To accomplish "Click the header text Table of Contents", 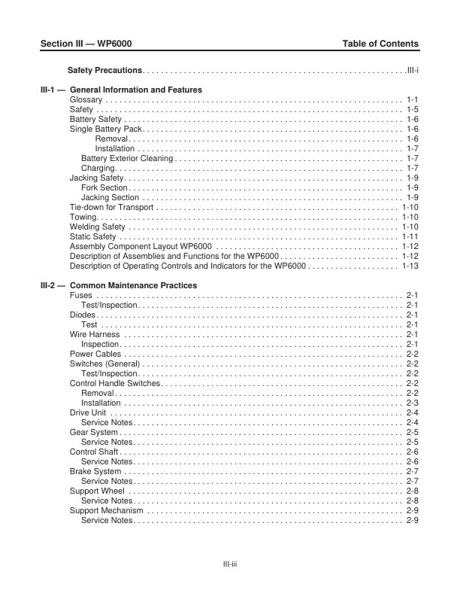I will coord(380,44).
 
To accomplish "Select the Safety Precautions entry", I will coord(104,70).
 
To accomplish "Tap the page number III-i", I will coord(412,70).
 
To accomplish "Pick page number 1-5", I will coord(412,109).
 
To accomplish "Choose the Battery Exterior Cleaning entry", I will coord(127,158).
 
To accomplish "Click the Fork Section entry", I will coord(104,187).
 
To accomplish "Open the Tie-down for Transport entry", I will coord(111,207).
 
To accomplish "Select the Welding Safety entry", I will coord(98,227).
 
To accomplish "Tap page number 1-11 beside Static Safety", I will coord(410,236).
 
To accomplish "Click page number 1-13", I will coord(410,266).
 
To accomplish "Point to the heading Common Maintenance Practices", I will coord(133,285).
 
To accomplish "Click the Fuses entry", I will coord(81,295).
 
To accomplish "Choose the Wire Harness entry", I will coord(93,334).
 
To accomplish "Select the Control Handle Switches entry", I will coord(115,383).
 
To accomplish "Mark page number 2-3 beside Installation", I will coord(412,403).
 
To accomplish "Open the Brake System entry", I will coord(95,471).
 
